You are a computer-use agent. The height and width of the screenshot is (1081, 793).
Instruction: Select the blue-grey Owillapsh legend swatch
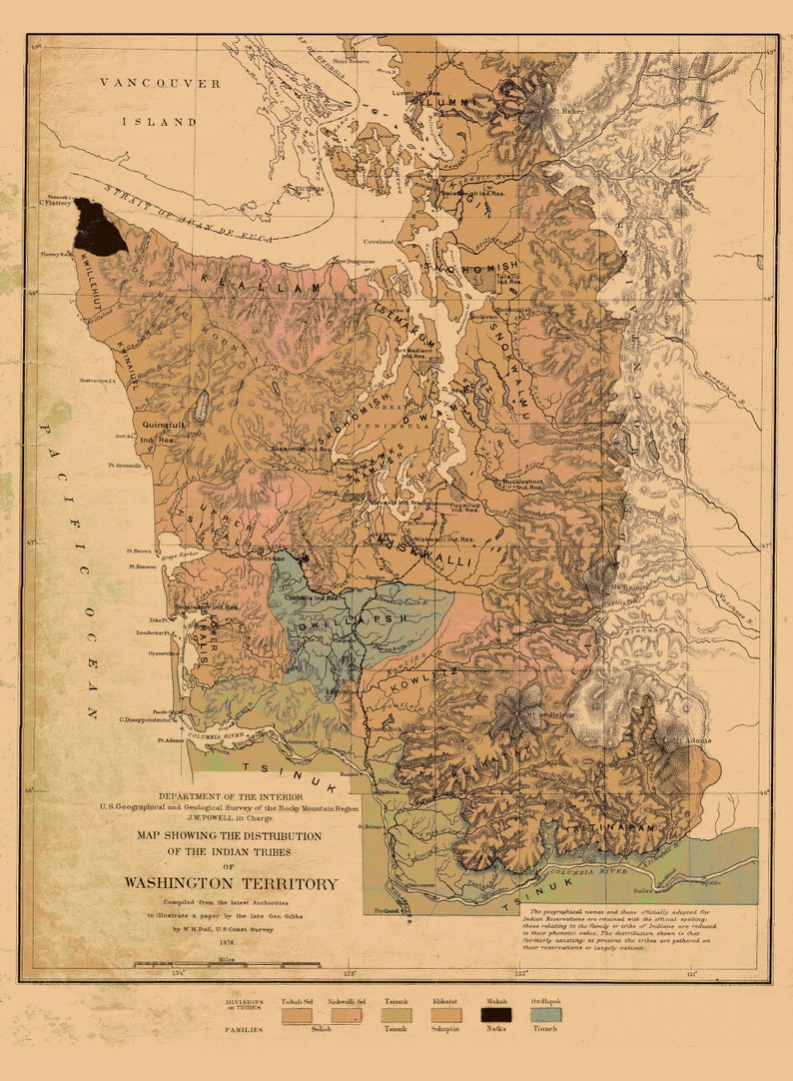point(545,1015)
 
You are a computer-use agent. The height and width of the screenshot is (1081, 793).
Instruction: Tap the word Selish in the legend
point(321,1029)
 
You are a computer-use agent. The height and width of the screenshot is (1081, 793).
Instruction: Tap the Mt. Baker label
point(572,110)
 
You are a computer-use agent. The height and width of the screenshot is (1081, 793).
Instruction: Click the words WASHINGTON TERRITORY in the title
point(231,883)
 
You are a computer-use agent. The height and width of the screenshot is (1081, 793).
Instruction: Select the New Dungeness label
point(354,262)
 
